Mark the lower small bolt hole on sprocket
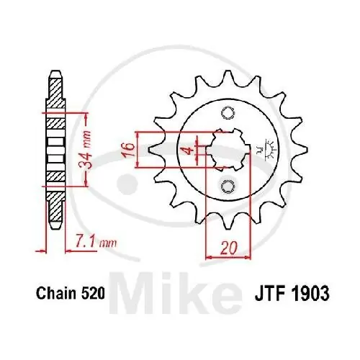tap(228, 186)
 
